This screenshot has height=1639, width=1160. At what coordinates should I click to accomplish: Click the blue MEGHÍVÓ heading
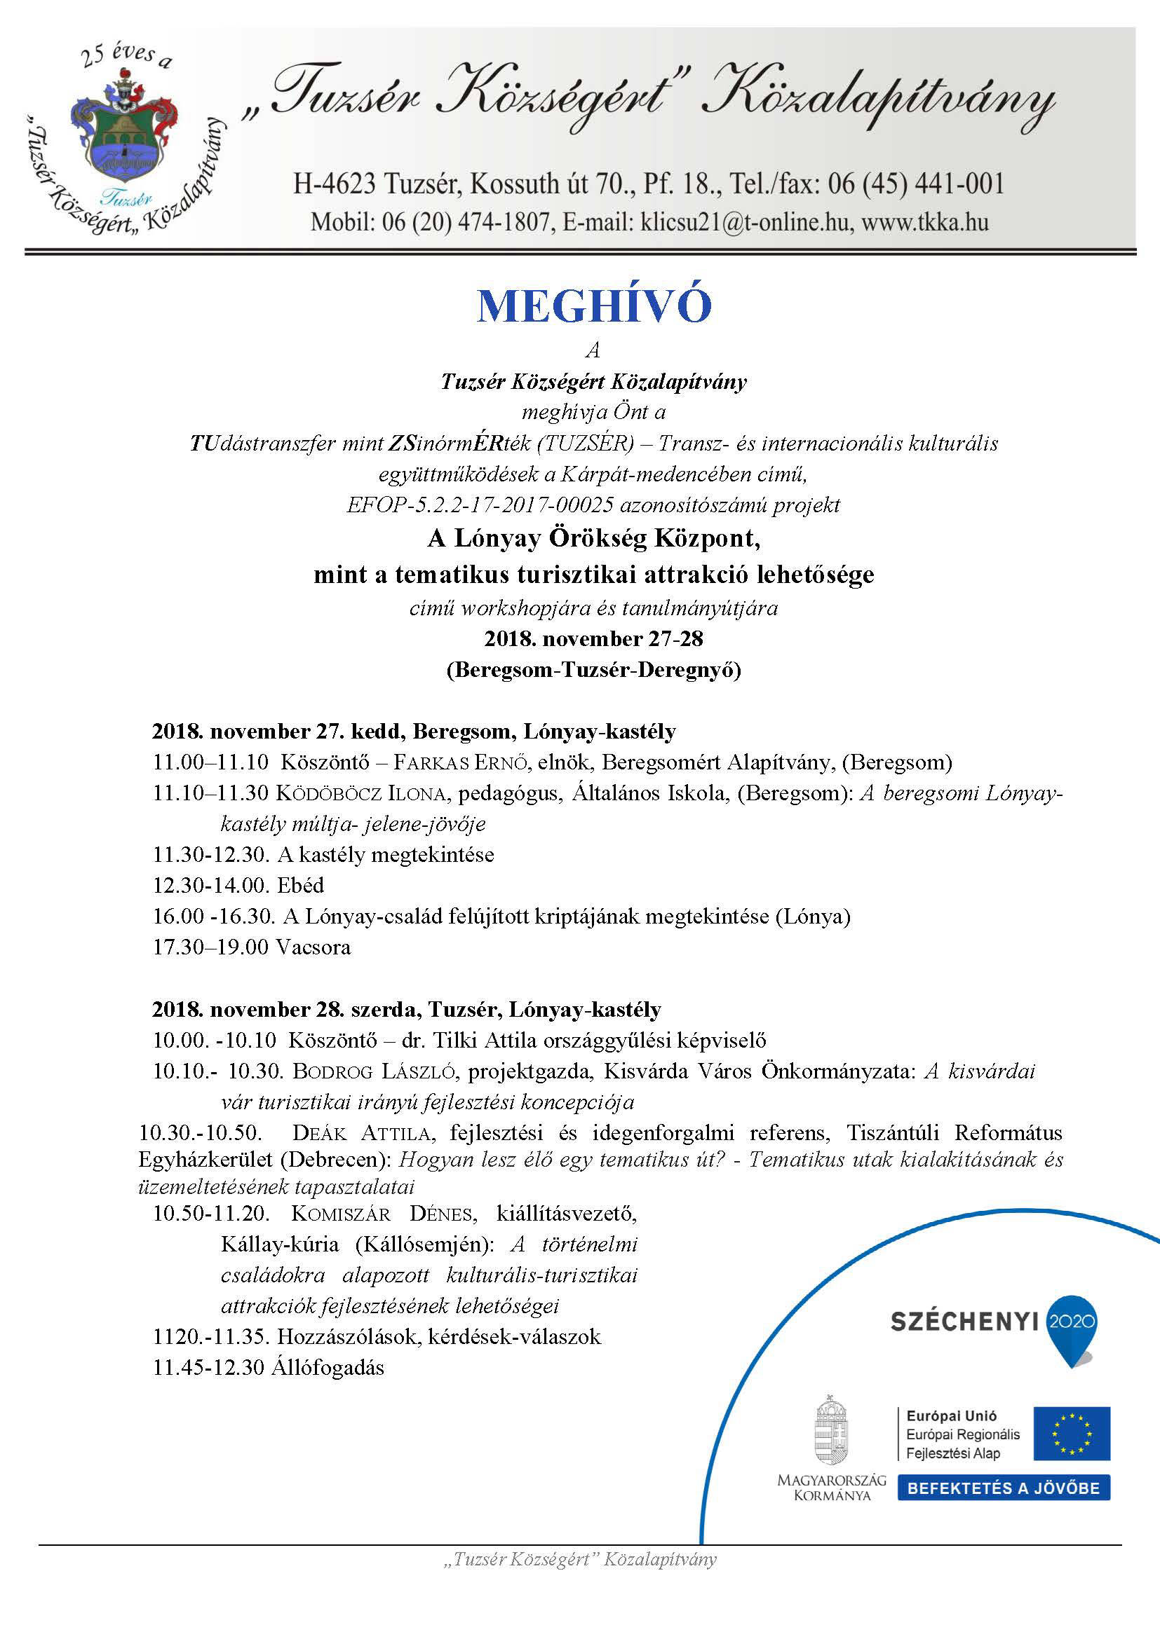tap(593, 306)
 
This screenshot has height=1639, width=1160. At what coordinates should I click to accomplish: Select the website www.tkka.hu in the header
tap(925, 223)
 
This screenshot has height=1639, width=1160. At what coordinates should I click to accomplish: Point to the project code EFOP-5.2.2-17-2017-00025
tap(479, 505)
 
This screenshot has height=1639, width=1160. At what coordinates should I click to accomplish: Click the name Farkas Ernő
tap(461, 762)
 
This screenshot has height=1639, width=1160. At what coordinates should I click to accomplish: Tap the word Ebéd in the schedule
tap(301, 885)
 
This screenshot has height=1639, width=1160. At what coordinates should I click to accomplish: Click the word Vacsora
tap(313, 947)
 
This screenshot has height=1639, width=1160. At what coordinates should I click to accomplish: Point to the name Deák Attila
tap(360, 1133)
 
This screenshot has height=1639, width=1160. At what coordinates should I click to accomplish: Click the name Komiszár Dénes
tap(382, 1214)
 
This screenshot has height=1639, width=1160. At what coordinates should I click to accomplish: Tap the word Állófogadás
tap(328, 1368)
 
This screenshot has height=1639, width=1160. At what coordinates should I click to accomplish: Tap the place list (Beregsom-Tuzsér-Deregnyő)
tap(593, 671)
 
